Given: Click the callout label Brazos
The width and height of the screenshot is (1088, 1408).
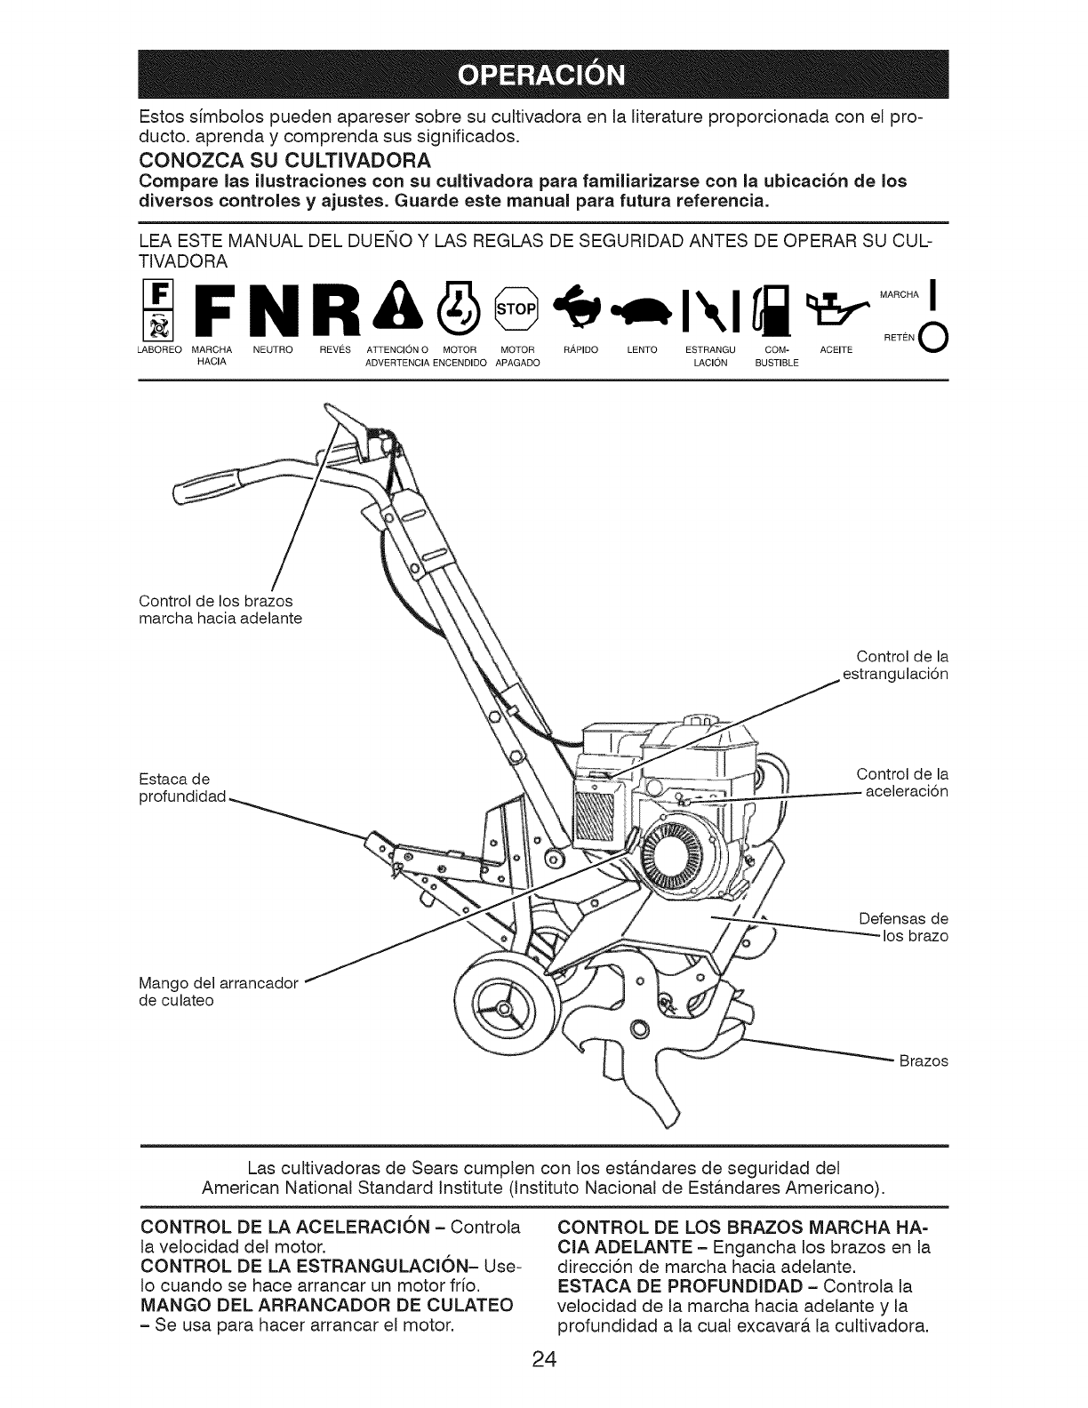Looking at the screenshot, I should pos(924,1061).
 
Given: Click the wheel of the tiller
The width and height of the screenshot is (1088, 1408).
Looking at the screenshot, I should pos(506,1007).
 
